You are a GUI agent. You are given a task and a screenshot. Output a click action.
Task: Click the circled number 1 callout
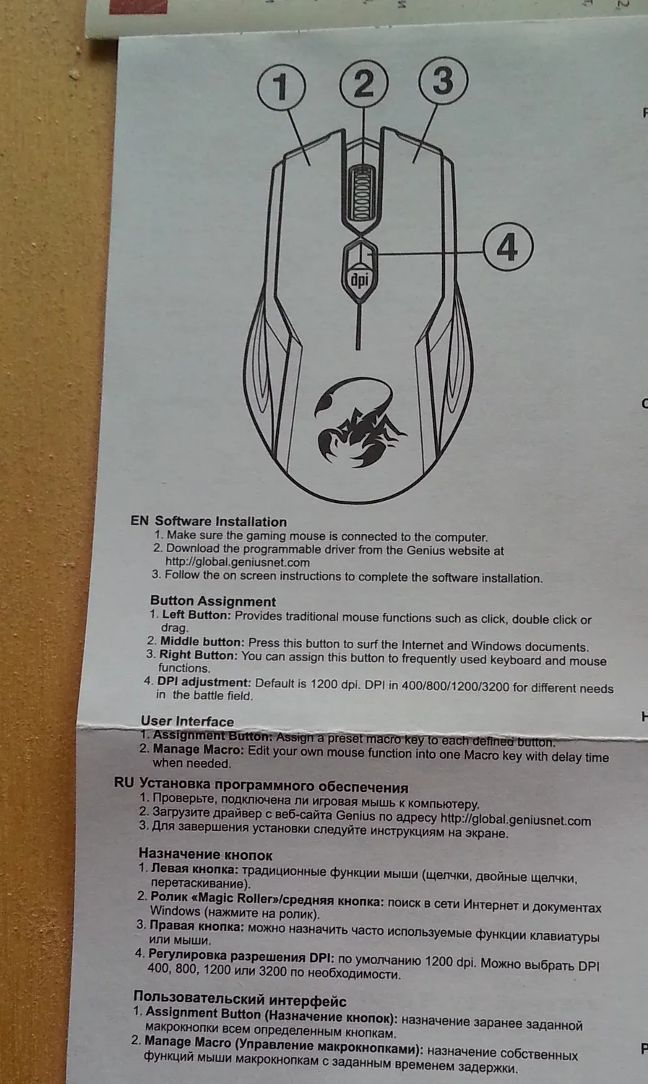(x=281, y=87)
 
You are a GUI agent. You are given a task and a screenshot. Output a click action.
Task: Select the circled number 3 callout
(x=443, y=80)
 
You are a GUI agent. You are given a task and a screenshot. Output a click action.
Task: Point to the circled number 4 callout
(x=508, y=248)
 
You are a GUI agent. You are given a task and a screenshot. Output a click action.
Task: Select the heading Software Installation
(x=220, y=522)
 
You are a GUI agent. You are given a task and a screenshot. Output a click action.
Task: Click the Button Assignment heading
(x=213, y=601)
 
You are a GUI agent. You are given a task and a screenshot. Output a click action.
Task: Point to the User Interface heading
(x=187, y=721)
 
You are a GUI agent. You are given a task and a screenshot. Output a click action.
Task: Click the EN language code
(x=139, y=521)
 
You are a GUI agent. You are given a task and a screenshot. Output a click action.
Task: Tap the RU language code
(x=124, y=783)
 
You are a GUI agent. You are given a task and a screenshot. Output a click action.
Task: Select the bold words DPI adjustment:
(x=204, y=682)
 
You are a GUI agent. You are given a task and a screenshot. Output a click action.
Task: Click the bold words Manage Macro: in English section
(x=198, y=749)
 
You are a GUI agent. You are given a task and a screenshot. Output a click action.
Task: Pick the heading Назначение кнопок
(x=205, y=855)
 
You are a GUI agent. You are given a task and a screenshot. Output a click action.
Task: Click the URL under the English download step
(x=238, y=562)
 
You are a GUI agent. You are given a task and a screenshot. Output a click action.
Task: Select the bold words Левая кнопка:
(x=194, y=869)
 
